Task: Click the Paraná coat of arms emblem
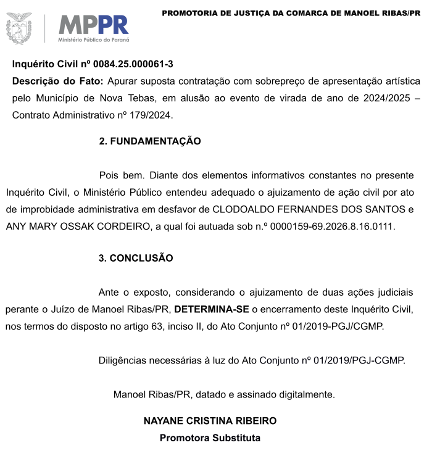[19, 28]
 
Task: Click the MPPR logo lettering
[93, 25]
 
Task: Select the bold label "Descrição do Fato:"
[57, 81]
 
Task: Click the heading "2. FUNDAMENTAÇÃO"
[150, 141]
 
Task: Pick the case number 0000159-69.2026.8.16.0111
[324, 226]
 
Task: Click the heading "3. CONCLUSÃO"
[136, 258]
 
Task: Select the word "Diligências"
[123, 360]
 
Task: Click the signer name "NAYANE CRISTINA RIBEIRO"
[210, 421]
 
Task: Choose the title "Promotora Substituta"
[210, 438]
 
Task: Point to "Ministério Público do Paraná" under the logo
[94, 39]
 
